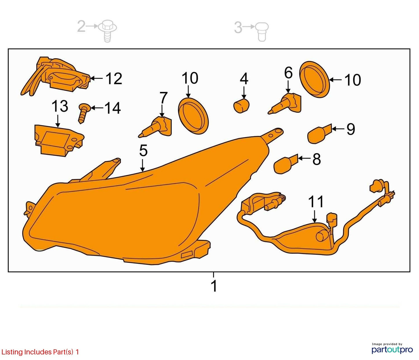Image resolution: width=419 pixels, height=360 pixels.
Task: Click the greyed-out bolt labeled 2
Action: (108, 30)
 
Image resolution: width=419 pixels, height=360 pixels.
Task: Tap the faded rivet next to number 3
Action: (262, 32)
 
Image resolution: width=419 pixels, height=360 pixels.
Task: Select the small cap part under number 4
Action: (242, 106)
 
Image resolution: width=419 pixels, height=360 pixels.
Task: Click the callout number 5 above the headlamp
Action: (143, 151)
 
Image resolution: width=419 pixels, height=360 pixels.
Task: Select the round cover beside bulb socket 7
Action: (193, 116)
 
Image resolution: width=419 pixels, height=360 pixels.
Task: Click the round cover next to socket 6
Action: (315, 79)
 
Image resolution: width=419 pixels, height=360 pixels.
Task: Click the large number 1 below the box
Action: (214, 286)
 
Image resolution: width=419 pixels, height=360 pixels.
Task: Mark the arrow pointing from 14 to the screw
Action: (97, 108)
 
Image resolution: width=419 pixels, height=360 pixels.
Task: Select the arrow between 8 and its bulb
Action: (304, 158)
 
